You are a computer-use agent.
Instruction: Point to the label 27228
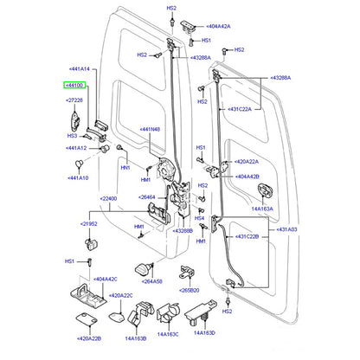tap(74, 101)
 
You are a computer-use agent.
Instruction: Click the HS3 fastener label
tap(73, 136)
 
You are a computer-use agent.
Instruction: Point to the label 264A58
tap(152, 281)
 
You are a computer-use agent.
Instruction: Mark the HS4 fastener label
tap(198, 218)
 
